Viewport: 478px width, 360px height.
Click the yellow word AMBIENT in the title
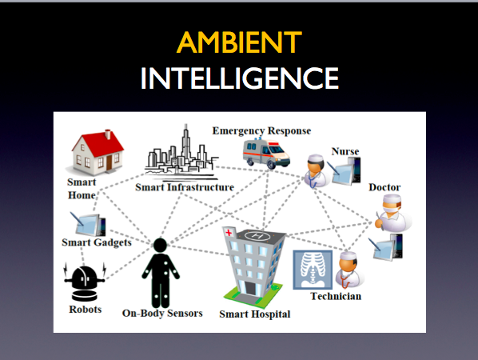[239, 42]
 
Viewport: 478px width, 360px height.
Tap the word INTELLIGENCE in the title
[240, 78]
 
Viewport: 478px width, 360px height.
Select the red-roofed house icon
[97, 152]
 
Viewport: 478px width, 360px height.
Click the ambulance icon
[266, 154]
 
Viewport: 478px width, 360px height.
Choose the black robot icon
[85, 282]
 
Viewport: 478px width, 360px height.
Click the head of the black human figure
[160, 246]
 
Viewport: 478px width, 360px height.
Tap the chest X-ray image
[313, 270]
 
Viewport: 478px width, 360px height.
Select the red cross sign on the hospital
[229, 233]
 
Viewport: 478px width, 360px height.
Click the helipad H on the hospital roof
[257, 236]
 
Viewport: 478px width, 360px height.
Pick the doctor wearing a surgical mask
[392, 214]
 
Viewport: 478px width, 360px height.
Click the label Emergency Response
[261, 131]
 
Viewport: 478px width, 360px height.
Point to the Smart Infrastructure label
[185, 187]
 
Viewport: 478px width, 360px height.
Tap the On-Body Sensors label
[162, 314]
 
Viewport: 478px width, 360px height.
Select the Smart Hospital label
[255, 314]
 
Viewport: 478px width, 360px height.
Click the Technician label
[336, 296]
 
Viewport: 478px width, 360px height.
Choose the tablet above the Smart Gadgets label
[89, 224]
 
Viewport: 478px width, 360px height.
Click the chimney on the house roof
[108, 134]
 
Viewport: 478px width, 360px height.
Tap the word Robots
[86, 310]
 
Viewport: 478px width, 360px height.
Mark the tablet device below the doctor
[386, 247]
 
